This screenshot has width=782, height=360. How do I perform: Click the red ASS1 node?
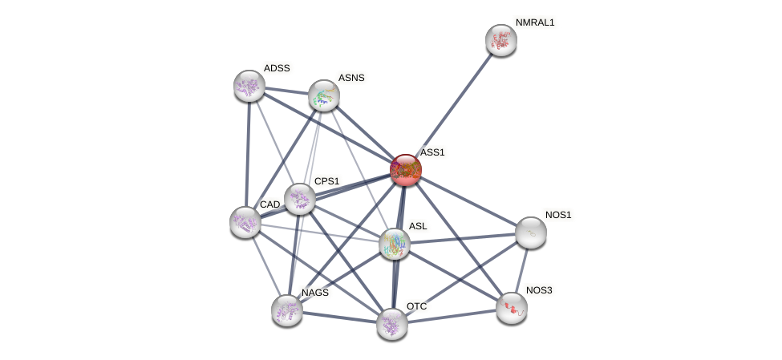point(405,169)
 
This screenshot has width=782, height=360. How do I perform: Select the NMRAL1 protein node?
point(500,40)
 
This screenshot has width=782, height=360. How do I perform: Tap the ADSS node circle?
point(249,86)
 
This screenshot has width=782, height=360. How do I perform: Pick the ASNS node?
point(324,95)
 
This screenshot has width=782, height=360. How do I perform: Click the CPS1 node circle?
point(299,199)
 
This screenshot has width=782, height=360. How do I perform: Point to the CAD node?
point(245,222)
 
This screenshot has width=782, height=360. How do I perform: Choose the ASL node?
point(394,244)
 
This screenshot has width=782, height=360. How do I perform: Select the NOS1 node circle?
point(530,233)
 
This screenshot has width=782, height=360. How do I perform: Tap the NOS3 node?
point(511,308)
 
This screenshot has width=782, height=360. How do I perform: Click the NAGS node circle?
point(286,310)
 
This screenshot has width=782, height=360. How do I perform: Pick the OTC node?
point(391,324)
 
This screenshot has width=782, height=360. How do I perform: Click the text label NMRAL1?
point(535,22)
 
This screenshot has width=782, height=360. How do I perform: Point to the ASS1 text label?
point(432,152)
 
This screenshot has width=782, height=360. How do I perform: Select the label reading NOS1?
point(558,215)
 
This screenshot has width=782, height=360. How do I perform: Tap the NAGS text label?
point(315,293)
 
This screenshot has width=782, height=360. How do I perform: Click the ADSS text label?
point(277,68)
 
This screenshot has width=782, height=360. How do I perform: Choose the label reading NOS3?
point(539,290)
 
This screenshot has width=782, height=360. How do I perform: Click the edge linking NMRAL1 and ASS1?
point(454,103)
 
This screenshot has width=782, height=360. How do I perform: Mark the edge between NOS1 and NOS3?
point(521,269)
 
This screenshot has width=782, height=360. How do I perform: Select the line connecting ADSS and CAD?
point(247,154)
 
